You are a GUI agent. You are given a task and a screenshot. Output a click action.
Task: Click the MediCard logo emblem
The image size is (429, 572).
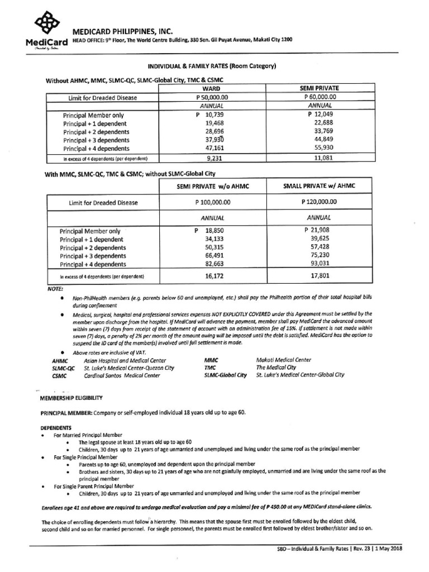tap(47, 24)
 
